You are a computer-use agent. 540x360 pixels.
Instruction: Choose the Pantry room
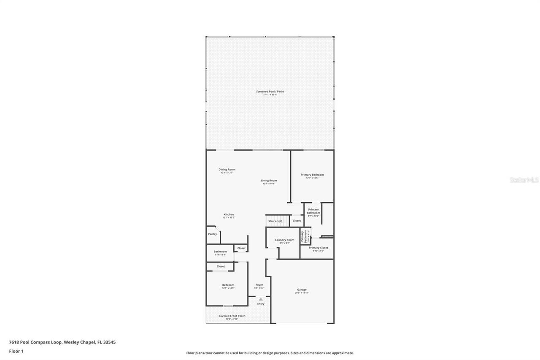click(x=212, y=234)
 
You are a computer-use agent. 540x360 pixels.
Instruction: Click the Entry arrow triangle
click(x=261, y=299)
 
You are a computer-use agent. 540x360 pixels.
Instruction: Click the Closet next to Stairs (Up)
click(x=297, y=221)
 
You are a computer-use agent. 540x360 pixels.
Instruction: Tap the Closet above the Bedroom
click(x=221, y=266)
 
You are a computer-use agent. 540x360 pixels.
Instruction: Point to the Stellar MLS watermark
click(x=524, y=180)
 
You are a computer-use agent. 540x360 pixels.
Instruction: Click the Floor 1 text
click(x=16, y=351)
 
